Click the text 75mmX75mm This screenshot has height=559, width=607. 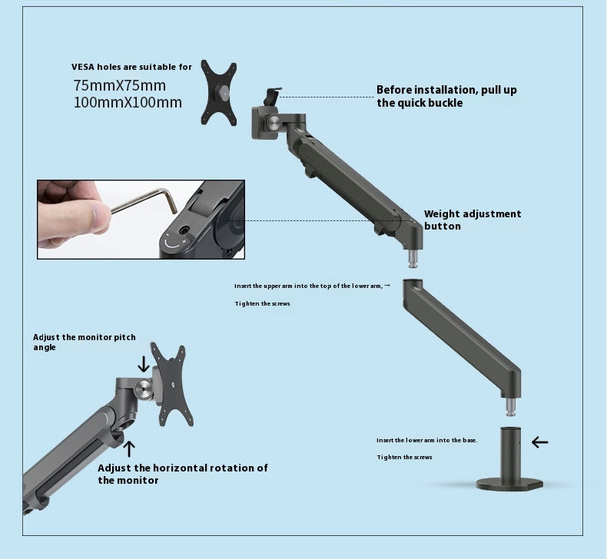tap(119, 85)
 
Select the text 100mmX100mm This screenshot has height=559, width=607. tap(128, 102)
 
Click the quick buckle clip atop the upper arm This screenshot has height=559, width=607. tap(270, 97)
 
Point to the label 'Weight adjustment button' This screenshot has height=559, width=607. tap(473, 220)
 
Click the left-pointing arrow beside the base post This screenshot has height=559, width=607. tap(540, 442)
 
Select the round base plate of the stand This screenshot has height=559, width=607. tap(509, 485)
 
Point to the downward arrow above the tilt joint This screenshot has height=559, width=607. tap(144, 363)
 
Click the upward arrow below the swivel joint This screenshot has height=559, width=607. tap(130, 448)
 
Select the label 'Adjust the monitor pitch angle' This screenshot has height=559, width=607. tap(84, 342)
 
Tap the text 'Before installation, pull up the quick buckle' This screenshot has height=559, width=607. tap(446, 96)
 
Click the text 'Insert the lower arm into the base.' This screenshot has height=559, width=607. tap(426, 440)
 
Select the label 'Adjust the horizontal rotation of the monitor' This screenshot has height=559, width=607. tap(182, 474)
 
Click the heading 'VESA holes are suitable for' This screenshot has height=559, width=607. tap(131, 67)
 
